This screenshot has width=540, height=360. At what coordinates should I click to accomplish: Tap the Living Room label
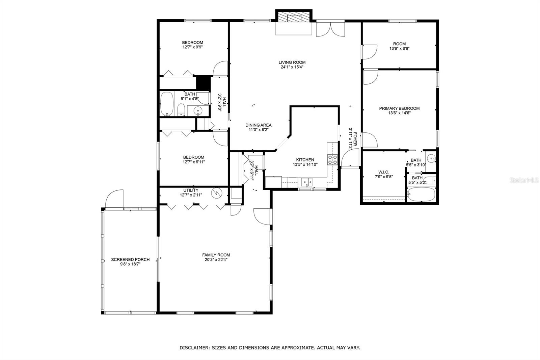coord(292,62)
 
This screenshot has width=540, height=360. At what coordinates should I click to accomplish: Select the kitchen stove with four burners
coord(332,159)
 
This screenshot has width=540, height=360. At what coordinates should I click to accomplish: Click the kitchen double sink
coord(307,182)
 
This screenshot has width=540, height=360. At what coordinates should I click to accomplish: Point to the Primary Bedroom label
coord(399,108)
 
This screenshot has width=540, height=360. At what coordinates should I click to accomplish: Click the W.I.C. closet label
coord(384,172)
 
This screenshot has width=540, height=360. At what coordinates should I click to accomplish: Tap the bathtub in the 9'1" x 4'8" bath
coord(167,104)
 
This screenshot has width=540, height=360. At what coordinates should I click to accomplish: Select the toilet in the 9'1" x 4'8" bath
coord(181,109)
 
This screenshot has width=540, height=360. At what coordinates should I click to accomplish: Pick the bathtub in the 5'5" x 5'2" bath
coord(421,194)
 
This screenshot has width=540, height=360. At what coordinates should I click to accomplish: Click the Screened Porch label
coord(130,260)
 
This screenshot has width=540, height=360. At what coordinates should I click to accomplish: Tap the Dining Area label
coord(258,125)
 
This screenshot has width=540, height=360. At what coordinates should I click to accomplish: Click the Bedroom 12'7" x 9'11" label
coord(194,157)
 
